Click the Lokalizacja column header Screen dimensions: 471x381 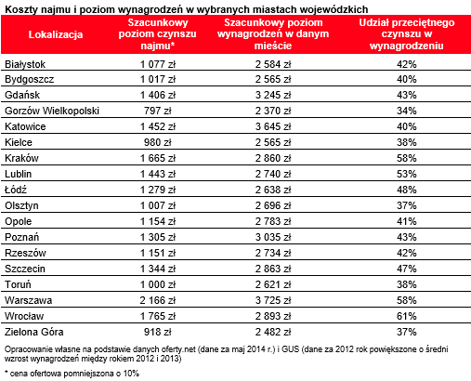click(56, 34)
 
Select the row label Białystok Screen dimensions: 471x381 click(25, 64)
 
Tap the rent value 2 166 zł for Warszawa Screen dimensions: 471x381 click(158, 300)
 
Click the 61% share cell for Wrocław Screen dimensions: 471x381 click(407, 316)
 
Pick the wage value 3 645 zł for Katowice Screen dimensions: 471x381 click(273, 126)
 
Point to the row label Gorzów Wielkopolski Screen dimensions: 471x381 click(52, 111)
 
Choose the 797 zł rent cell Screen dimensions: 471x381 click(158, 111)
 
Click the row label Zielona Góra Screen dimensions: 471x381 click(34, 332)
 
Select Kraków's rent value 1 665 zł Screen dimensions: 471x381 click(158, 158)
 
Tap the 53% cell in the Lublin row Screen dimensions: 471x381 click(407, 174)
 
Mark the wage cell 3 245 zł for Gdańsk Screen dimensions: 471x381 click(273, 95)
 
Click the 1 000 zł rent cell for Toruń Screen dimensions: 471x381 click(158, 284)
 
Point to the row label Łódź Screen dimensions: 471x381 click(16, 189)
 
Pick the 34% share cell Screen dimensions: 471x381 click(407, 111)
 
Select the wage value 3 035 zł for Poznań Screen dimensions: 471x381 click(273, 237)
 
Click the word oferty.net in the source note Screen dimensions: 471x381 click(178, 349)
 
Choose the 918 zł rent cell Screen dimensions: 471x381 click(158, 332)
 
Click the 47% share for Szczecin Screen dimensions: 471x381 click(407, 269)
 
